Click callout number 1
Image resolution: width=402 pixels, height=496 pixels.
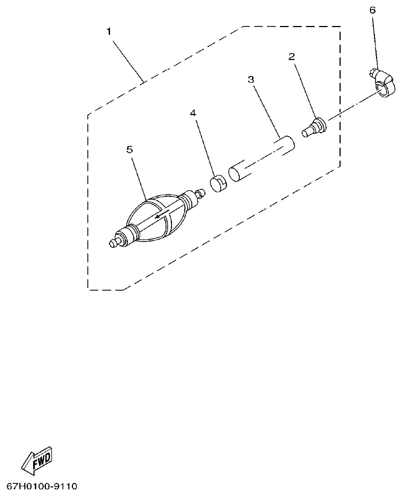click(109, 31)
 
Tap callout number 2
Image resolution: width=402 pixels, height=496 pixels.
click(291, 56)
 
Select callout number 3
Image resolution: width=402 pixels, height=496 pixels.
click(250, 80)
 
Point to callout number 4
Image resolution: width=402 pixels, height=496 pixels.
click(193, 113)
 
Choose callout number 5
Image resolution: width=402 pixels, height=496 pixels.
click(130, 149)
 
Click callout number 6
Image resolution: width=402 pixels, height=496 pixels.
click(372, 10)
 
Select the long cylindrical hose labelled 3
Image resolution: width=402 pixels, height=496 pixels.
click(261, 159)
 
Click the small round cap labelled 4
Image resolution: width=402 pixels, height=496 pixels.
click(218, 182)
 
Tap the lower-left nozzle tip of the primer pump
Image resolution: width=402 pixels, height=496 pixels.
click(115, 242)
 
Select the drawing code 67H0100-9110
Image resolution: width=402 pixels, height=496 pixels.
click(42, 487)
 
